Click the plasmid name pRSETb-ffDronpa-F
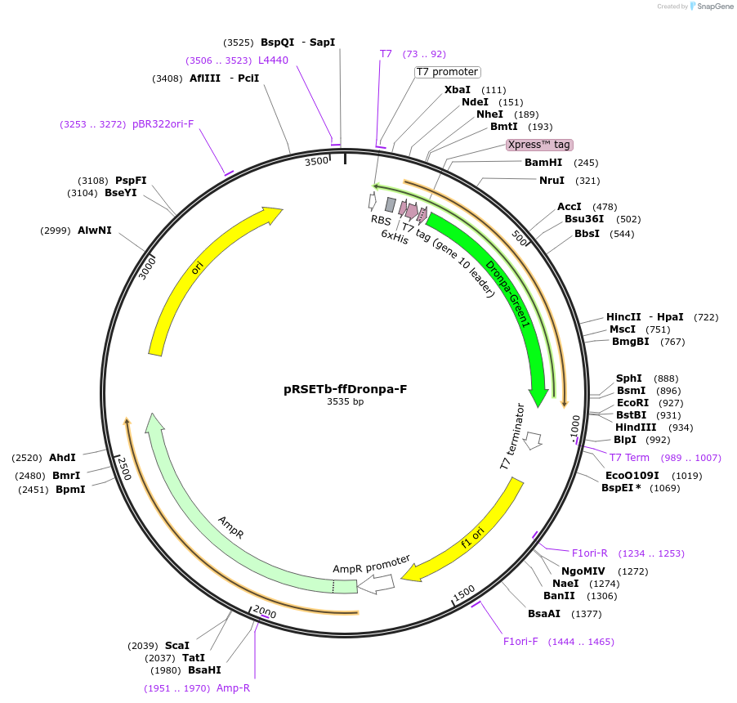point(346,389)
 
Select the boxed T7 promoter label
point(447,72)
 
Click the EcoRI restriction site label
point(632,403)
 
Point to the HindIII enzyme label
point(636,428)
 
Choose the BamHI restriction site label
point(543,163)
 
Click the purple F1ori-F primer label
point(520,641)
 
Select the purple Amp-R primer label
point(233,688)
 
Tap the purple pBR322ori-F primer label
point(163,124)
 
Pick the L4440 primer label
point(273,60)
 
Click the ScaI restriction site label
point(177,646)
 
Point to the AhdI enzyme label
point(62,458)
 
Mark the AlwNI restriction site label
point(95,231)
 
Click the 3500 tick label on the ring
point(317,161)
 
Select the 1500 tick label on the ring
point(463,592)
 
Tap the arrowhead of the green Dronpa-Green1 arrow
point(538,397)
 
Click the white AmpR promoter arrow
point(377,584)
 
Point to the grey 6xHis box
point(391,204)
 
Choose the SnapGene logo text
point(712,7)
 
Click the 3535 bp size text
point(346,402)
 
